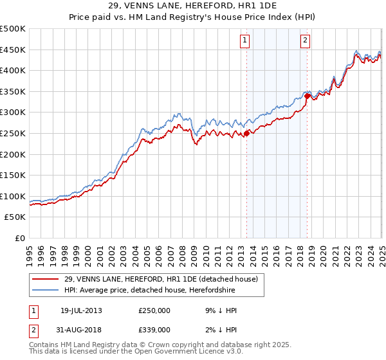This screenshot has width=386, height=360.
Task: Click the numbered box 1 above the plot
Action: coord(246,40)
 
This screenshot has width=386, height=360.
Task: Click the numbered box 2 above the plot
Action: coord(304,40)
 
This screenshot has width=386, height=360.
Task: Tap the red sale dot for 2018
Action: coord(308,96)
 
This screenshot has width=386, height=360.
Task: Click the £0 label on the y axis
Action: coord(19,238)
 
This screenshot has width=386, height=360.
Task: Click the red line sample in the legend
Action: coord(46,279)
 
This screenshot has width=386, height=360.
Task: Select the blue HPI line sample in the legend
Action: coord(46,290)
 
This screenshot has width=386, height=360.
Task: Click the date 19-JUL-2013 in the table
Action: coord(81,310)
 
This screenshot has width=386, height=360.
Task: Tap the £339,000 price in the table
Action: coord(154,330)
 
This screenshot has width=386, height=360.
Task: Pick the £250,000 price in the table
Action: coord(154,310)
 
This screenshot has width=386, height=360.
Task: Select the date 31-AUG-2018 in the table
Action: coord(81,330)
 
